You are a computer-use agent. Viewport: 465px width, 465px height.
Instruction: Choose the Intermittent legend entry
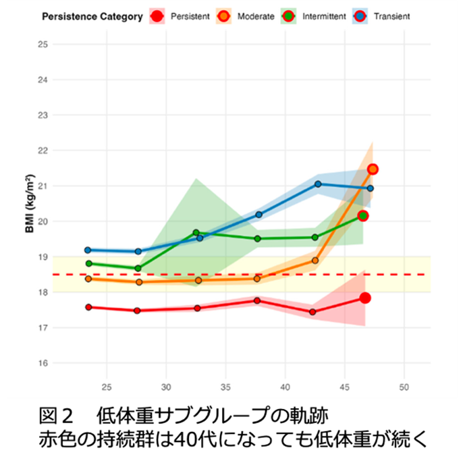325,16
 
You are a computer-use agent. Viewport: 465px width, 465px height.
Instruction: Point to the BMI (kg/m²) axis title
31,203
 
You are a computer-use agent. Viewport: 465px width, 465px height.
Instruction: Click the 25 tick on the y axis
43,45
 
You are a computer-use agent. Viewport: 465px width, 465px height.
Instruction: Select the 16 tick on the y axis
43,363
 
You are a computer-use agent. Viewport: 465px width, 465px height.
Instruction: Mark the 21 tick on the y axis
43,186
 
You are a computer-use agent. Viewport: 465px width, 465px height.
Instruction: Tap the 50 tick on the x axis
404,387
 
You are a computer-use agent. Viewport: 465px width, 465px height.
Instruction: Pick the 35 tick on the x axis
225,387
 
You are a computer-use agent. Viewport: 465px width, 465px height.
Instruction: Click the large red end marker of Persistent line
365,298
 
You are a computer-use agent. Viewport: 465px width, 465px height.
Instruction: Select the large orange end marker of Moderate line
373,169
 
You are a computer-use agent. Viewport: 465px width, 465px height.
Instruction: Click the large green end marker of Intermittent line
363,215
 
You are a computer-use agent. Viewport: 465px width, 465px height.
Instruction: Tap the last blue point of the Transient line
370,188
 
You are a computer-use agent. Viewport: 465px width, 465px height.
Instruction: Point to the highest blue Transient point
318,184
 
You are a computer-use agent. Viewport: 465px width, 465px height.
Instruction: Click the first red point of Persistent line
88,307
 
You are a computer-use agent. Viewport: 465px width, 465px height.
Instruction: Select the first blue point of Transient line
88,250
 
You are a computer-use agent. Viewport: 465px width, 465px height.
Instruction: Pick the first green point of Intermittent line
89,263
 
